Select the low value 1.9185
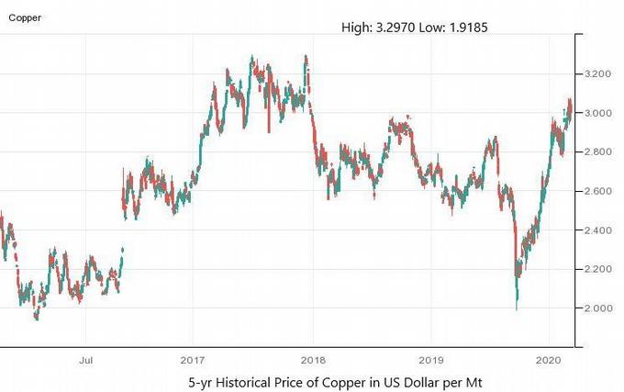465,28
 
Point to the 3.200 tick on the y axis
598,73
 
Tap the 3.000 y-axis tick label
598,113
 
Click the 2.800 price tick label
598,151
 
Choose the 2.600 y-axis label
598,191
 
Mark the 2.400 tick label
598,230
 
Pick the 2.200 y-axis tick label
598,269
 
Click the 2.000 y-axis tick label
598,308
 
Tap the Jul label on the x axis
87,360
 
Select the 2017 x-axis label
192,360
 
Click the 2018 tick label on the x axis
313,360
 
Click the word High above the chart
356,28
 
